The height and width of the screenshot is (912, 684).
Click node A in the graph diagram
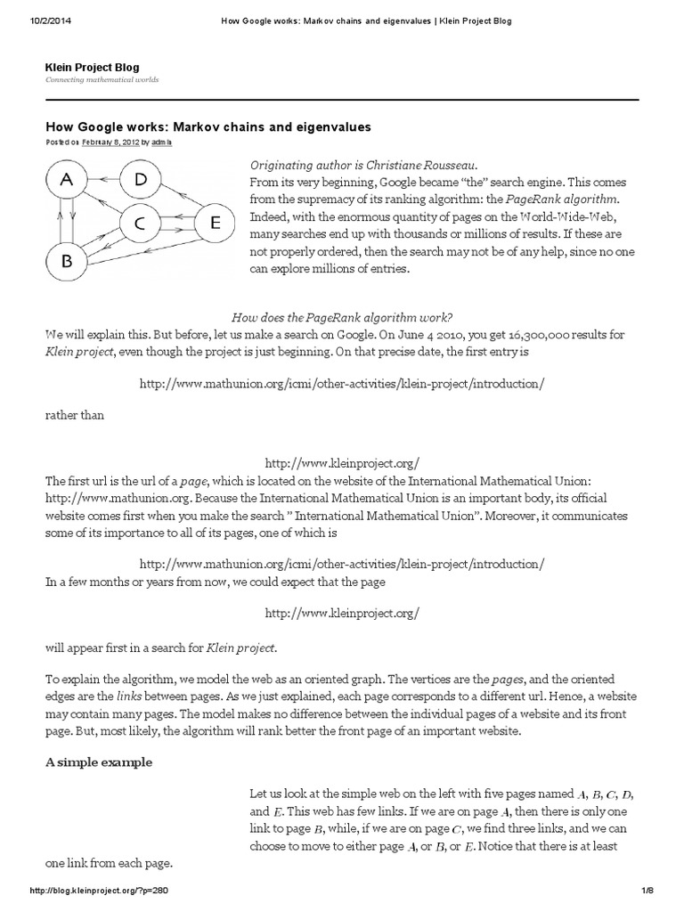67,180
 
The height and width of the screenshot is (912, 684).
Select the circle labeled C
141,227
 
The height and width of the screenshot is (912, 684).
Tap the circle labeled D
140,180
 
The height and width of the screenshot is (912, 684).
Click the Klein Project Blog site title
92,68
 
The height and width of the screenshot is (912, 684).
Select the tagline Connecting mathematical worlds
102,80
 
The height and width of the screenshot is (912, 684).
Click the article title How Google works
208,127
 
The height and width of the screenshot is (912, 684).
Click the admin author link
162,142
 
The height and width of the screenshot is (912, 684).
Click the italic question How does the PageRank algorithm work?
342,317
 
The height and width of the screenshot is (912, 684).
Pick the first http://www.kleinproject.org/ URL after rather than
342,463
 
